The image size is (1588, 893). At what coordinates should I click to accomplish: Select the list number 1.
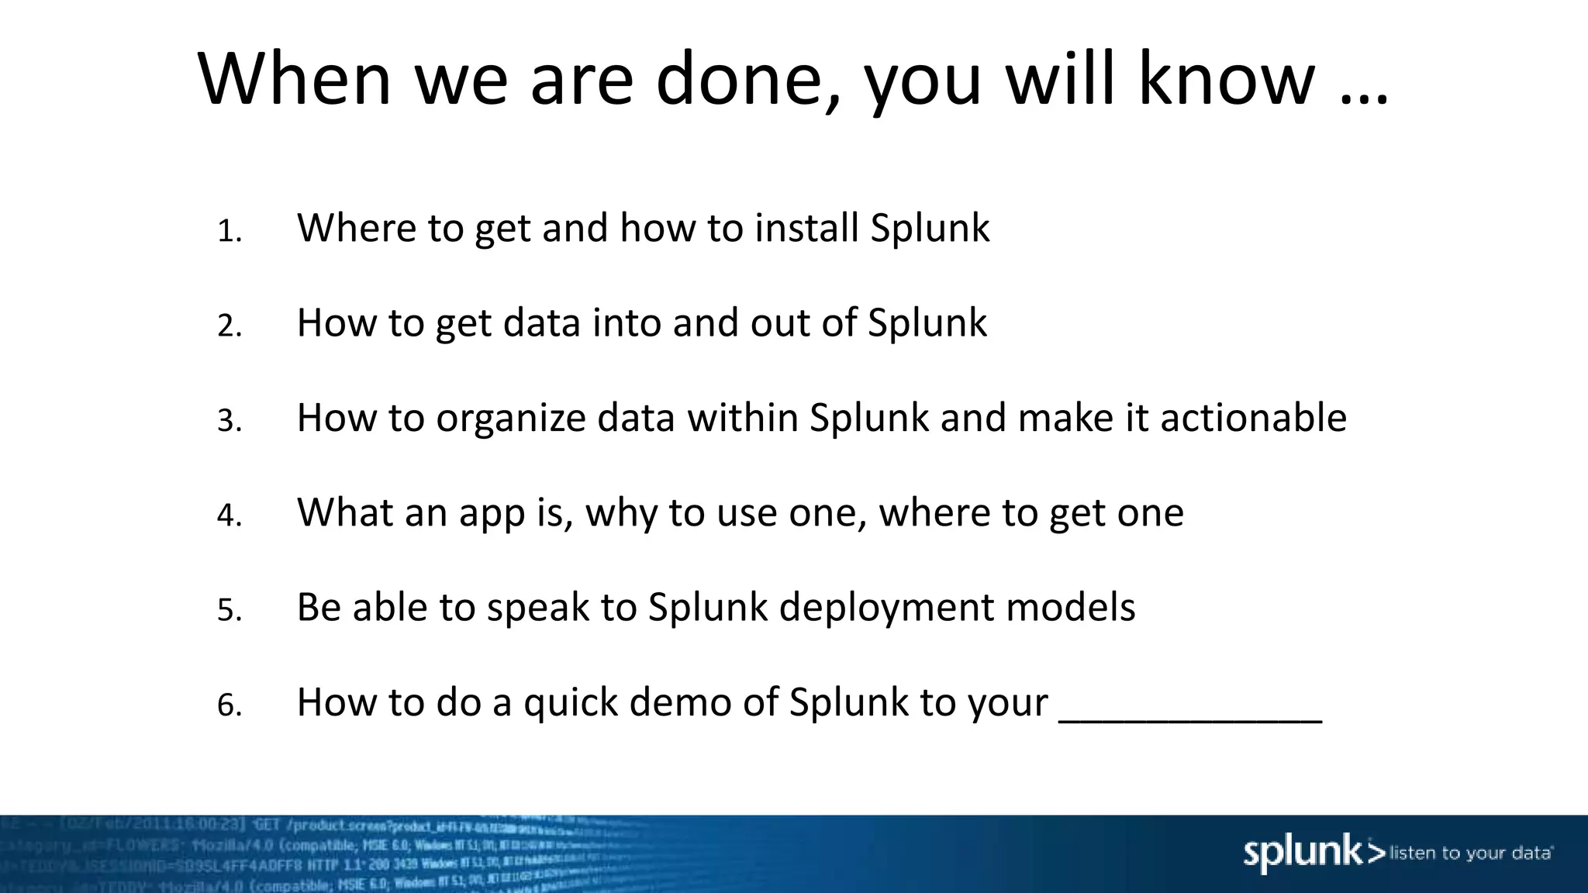(x=230, y=232)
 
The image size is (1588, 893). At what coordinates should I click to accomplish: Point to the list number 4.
(x=230, y=515)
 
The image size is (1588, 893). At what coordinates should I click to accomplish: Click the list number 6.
(x=230, y=705)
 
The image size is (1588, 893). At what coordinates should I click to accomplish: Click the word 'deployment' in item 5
(x=885, y=607)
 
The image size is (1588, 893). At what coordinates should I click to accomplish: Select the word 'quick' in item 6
(x=570, y=702)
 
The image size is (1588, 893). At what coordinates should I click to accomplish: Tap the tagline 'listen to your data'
(x=1471, y=853)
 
